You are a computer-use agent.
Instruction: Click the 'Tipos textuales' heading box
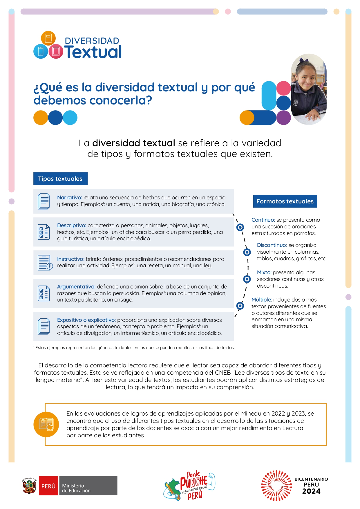tap(60, 179)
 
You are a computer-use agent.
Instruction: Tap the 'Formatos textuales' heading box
tap(285, 201)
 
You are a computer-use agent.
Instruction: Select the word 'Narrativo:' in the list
tap(70, 198)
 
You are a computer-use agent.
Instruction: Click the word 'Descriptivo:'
tap(72, 225)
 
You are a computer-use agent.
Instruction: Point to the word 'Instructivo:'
tap(71, 259)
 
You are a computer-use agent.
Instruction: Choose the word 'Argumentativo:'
tap(76, 287)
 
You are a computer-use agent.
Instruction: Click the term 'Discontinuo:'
tap(272, 245)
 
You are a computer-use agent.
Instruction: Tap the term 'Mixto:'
tap(264, 272)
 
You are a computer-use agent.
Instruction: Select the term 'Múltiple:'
tap(261, 300)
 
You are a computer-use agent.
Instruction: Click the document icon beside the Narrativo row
tap(44, 201)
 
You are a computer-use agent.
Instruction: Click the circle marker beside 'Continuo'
tap(240, 227)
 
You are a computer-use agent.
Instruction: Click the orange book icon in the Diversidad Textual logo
tap(48, 38)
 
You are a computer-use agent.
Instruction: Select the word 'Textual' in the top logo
tap(93, 52)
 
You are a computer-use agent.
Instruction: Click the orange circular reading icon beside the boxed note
tap(46, 424)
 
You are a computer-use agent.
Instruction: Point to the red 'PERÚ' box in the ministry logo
tap(48, 486)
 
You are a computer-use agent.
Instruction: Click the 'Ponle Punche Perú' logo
tap(190, 486)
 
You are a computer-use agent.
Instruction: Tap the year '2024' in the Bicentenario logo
tap(311, 491)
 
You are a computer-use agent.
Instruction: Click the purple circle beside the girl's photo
tap(283, 118)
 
